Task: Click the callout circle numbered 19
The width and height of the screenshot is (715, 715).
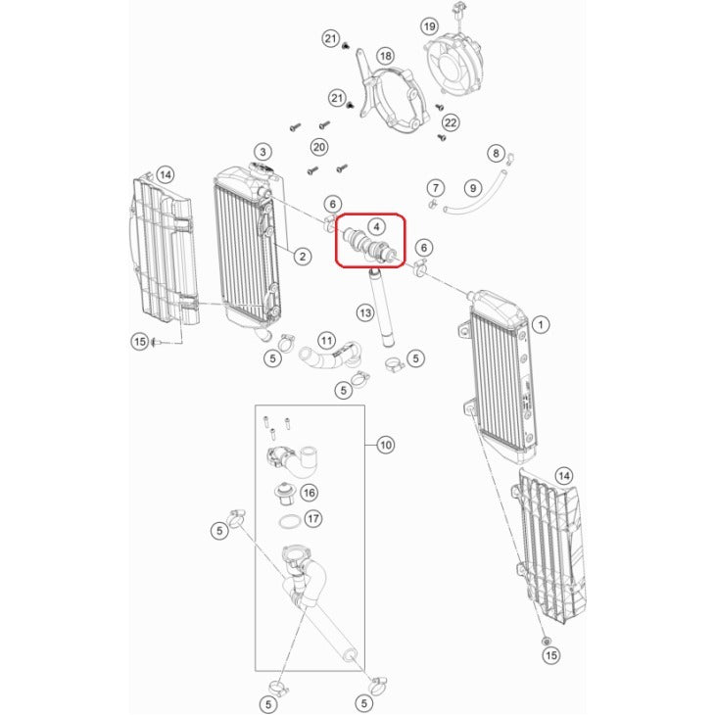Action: point(429,26)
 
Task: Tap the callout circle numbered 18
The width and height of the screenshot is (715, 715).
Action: point(385,56)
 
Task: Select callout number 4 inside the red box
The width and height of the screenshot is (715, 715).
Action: point(376,226)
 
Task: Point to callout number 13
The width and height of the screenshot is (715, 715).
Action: point(365,312)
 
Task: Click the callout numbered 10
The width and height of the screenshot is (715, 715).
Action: point(386,445)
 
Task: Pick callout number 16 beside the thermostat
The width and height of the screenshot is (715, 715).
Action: point(310,493)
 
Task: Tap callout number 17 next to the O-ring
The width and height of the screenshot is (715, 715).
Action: point(312,518)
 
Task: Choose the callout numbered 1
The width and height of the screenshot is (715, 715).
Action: point(541,324)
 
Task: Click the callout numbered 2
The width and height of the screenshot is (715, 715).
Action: point(303,257)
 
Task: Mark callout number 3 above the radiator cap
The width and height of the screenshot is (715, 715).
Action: point(262,152)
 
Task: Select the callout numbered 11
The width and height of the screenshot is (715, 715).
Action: point(326,341)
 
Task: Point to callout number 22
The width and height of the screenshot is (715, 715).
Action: point(451,122)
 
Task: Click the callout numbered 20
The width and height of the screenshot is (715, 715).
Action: point(319,147)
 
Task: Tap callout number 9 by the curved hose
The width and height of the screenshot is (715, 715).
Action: point(473,188)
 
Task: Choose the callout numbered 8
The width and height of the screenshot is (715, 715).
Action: point(497,153)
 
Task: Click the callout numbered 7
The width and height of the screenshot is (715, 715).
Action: point(436,187)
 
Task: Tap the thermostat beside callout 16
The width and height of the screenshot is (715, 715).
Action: point(284,494)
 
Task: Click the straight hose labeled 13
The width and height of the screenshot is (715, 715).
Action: point(381,309)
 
